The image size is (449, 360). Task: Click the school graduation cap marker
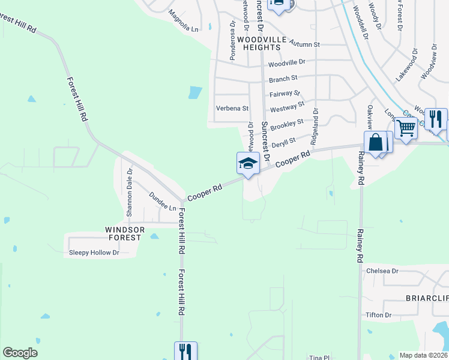248,162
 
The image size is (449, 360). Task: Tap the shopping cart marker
406,127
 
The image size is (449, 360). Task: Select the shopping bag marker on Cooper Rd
376,143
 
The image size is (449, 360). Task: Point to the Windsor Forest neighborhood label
123,233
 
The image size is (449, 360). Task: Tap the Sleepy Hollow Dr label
94,253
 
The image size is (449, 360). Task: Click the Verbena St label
232,109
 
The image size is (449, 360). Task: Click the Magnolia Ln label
183,22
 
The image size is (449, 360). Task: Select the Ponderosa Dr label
232,42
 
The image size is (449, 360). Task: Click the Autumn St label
306,44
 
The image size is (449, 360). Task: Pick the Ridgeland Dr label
314,127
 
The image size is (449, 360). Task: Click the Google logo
20,353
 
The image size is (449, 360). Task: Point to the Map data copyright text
423,355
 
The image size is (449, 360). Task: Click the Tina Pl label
316,356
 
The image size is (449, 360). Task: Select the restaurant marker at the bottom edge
185,350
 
